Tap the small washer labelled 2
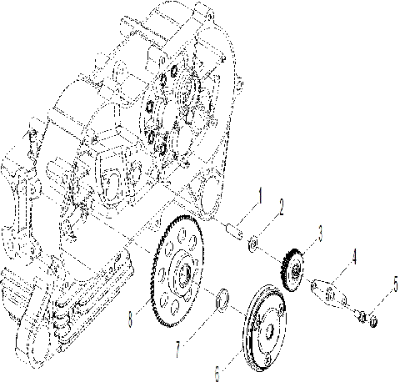[x=253, y=244]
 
